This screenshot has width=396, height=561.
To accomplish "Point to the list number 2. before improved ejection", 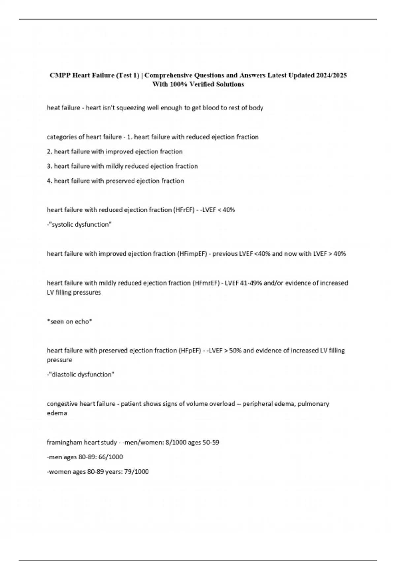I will [50, 151].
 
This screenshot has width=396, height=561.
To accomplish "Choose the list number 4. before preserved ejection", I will [50, 181].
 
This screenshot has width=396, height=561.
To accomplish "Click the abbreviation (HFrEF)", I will [184, 210].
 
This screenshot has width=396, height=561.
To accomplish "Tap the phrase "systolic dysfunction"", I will [80, 224].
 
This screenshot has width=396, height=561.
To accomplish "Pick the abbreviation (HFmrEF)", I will [206, 283].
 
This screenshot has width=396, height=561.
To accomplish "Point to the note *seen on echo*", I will [69, 322].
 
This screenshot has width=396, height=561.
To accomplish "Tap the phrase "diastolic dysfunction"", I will [82, 375].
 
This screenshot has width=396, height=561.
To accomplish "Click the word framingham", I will [65, 443].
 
